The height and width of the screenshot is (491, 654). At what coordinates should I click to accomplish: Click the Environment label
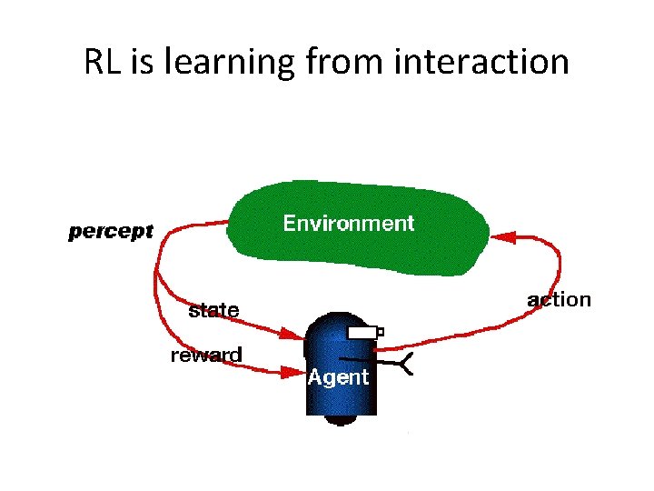tap(348, 224)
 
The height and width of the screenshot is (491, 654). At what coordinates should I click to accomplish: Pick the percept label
tap(111, 232)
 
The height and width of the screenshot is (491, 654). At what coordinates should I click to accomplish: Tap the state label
tap(213, 310)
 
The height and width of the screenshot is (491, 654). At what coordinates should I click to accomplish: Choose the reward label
tap(206, 356)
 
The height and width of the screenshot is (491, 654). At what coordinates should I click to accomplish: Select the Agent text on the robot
tap(338, 376)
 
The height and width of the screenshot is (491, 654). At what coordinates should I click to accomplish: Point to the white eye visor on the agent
tap(362, 333)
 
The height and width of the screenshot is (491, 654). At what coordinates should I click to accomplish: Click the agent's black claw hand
tap(405, 364)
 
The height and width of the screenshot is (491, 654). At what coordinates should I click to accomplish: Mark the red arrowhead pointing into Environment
tap(502, 236)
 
